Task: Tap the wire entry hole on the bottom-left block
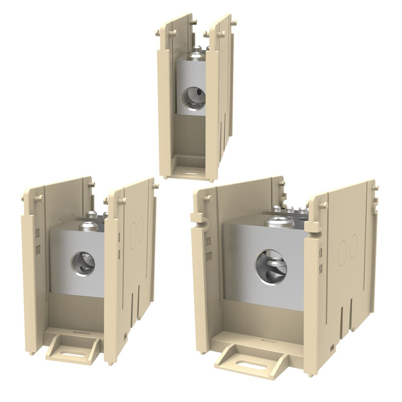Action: point(83,263)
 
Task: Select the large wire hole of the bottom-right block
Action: point(271,267)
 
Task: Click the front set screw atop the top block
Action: point(196,56)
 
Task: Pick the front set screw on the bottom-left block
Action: point(88,226)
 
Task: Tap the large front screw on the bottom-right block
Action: point(279,222)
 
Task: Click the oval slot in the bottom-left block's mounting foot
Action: point(73,354)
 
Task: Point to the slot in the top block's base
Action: point(191,173)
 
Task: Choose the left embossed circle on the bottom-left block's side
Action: point(133,236)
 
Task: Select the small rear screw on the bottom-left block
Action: point(91,214)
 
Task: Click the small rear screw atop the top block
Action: point(198,48)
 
